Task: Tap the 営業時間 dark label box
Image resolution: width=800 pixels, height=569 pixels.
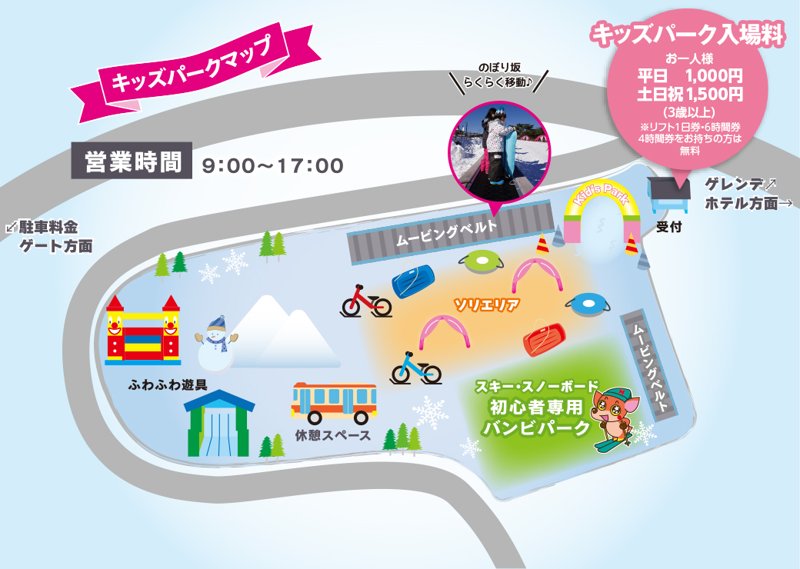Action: click(x=131, y=161)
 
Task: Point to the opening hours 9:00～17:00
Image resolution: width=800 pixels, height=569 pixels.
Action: click(x=272, y=165)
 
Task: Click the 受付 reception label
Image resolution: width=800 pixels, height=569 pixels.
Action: click(x=668, y=228)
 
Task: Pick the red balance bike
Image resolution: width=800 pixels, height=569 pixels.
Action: click(x=367, y=301)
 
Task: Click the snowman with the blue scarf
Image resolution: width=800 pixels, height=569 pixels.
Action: click(x=217, y=344)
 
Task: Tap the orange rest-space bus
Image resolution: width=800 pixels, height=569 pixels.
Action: click(x=334, y=402)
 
